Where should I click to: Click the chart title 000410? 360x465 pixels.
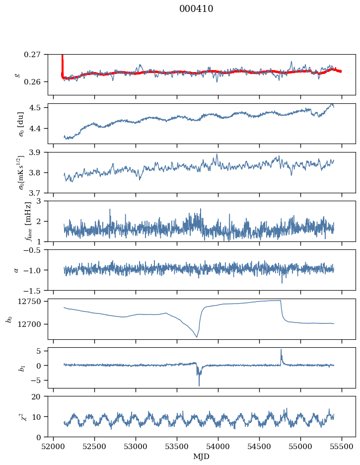[196, 9]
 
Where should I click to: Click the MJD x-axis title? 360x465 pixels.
[201, 457]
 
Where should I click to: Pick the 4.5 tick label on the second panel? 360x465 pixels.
[39, 108]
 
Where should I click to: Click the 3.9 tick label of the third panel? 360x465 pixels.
[39, 152]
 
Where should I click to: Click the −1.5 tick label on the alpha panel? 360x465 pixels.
[35, 290]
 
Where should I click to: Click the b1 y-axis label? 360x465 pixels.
[9, 368]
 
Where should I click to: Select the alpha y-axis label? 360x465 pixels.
[16, 270]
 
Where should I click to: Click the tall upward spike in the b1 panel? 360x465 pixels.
[281, 351]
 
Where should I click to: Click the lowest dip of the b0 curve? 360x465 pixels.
[197, 337]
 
